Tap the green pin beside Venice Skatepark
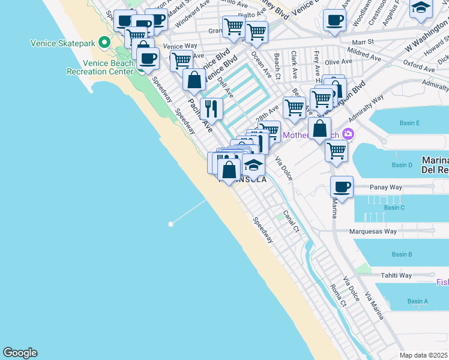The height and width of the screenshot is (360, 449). pos(104,43)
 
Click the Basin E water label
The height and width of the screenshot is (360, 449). pos(409,123)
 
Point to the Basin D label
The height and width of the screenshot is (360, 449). pos(402,165)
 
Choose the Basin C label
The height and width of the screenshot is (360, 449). pos(394,208)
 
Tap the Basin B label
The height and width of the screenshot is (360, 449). pos(402,254)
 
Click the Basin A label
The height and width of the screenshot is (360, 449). pos(417,301)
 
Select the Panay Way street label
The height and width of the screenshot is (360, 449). pos(387,187)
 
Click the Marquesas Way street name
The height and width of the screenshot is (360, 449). pos(373,231)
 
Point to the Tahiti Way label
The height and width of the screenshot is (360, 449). pos(396,275)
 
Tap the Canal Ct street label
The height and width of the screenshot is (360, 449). pos(291,221)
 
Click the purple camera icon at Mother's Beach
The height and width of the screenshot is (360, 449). pos(349,134)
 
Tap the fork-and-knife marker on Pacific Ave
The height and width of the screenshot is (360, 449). pos(211,109)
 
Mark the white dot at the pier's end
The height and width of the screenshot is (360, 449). pos(171,224)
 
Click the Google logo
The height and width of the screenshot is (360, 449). pos(20,353)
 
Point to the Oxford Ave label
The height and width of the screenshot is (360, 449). pos(419,64)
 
